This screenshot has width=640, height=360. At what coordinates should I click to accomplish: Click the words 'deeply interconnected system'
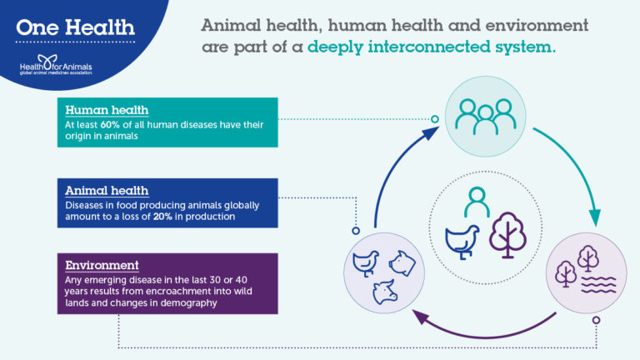tap(431, 47)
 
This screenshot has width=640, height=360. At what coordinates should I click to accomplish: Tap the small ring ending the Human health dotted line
tap(434, 119)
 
